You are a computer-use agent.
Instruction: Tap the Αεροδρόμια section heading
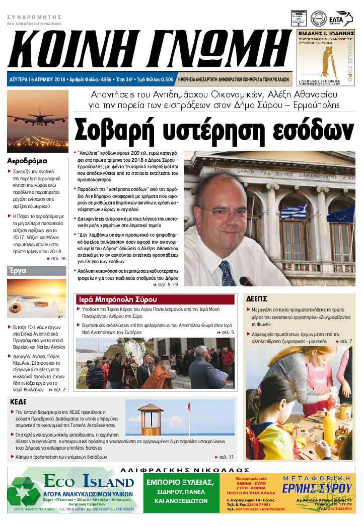pos(28,161)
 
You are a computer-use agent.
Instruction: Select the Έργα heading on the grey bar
pos(17,270)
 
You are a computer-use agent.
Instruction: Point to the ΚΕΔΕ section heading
pos(20,402)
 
